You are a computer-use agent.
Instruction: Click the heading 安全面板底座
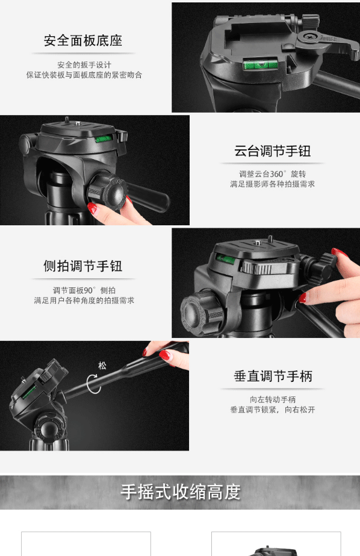coord(83,41)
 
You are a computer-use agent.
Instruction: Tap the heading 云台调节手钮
coord(273,151)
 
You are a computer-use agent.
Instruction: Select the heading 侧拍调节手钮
coord(83,266)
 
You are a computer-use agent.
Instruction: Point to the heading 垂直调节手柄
coord(273,376)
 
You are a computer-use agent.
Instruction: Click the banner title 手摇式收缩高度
coord(181,492)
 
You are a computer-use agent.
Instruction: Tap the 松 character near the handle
coord(102,366)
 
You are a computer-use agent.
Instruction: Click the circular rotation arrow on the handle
coord(93,384)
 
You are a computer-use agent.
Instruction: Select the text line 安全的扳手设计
coord(84,65)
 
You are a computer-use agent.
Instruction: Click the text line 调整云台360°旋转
coord(273,174)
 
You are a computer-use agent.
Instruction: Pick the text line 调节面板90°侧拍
coord(84,290)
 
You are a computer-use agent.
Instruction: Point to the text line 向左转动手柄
coord(273,399)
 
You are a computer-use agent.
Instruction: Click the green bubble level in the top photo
coord(260,64)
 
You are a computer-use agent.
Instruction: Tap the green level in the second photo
coord(104,138)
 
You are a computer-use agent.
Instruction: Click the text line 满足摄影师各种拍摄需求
coord(273,184)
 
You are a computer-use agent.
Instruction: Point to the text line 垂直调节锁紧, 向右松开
coord(273,410)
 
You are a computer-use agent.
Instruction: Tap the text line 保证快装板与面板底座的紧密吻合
coord(84,75)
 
